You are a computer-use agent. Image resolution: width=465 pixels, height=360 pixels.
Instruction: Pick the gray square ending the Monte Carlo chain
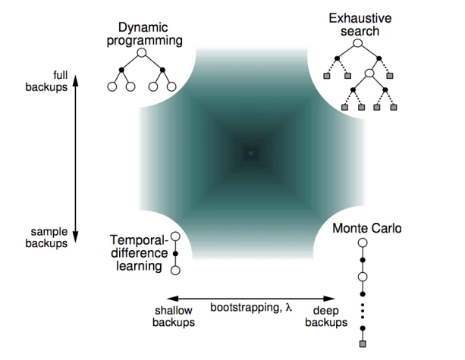click(363, 345)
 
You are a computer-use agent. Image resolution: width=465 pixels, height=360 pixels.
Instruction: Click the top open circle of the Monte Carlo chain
click(363, 243)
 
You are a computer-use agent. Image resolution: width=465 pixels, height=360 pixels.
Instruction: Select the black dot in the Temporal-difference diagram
click(175, 253)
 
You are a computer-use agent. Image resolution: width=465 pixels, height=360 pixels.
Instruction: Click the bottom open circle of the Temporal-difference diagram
click(175, 269)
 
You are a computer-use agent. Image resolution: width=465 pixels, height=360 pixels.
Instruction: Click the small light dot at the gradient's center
click(251, 153)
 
